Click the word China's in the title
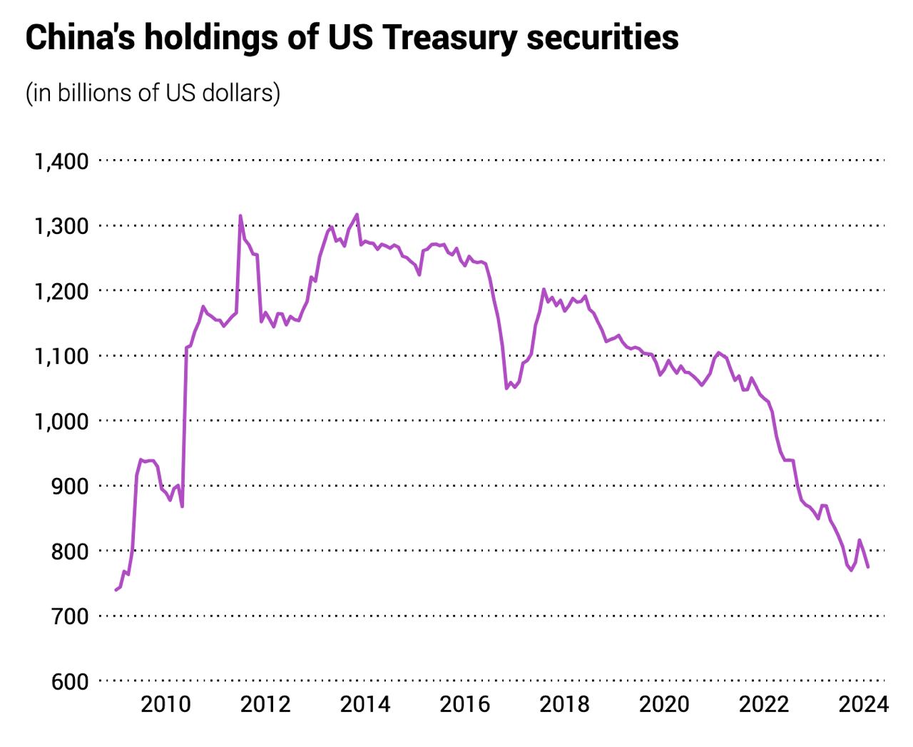click(78, 37)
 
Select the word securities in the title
click(603, 37)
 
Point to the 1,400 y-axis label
click(61, 161)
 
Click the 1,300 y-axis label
click(61, 226)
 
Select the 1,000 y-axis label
click(61, 421)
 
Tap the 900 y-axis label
click(69, 486)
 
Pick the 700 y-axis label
click(69, 616)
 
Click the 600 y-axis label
click(69, 681)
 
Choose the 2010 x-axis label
click(165, 705)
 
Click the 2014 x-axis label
click(365, 705)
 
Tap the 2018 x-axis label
click(564, 705)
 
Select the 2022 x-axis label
click(764, 705)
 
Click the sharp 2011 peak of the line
click(240, 215)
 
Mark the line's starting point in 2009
click(116, 590)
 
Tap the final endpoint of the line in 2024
click(868, 567)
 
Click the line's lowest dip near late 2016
click(506, 388)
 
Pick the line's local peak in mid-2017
click(544, 289)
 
